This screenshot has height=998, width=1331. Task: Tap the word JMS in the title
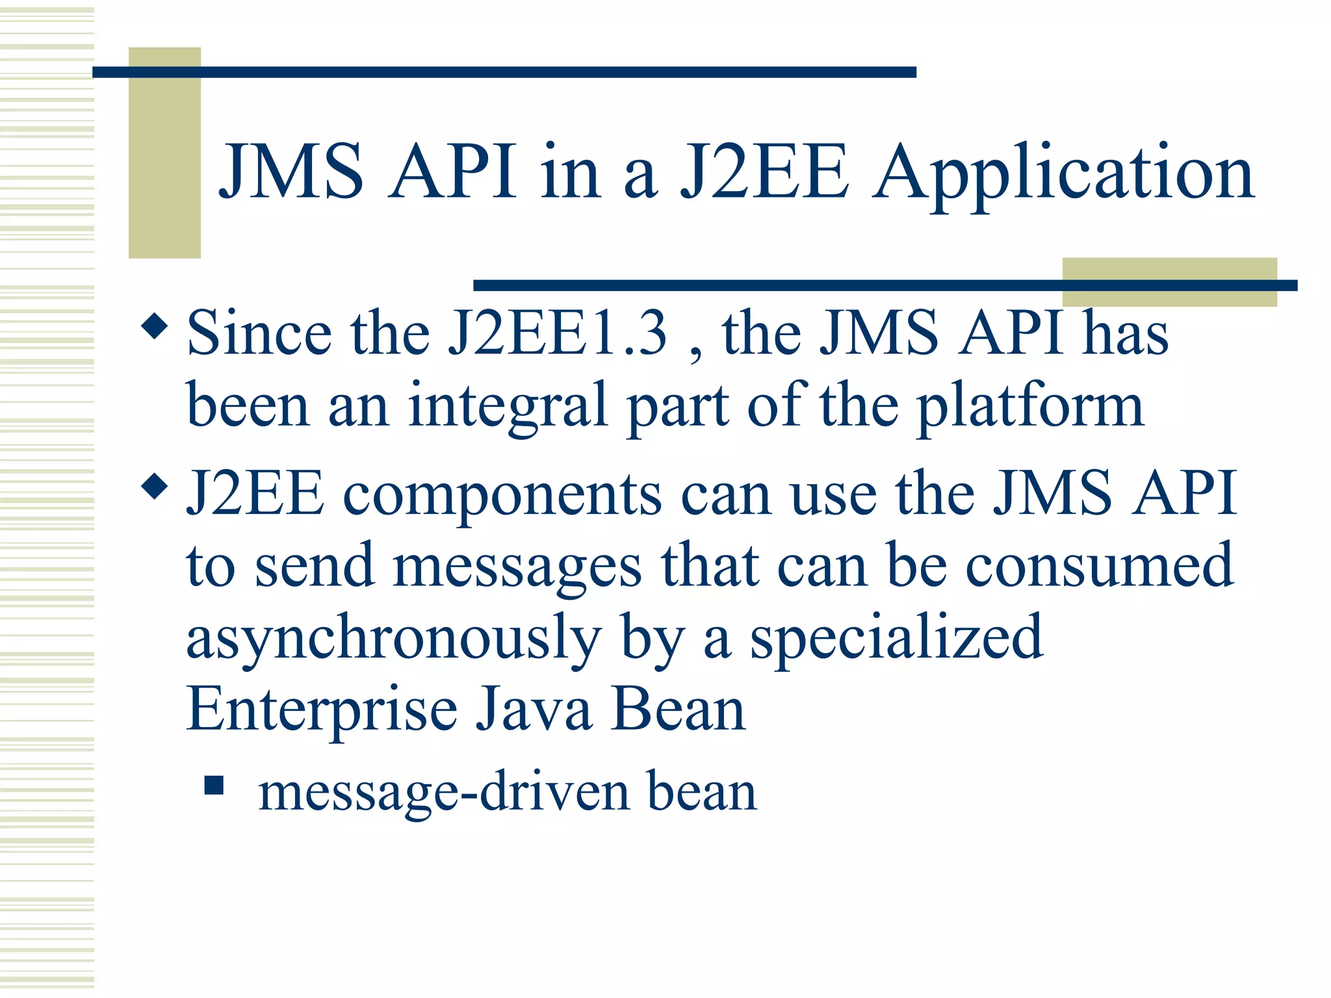(291, 172)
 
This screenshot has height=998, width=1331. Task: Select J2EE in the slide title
(764, 172)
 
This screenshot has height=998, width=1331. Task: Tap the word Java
(534, 710)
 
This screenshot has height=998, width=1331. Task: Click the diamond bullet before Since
(154, 326)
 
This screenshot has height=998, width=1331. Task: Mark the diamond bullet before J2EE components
(154, 486)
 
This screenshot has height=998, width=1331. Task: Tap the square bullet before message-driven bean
(214, 785)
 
